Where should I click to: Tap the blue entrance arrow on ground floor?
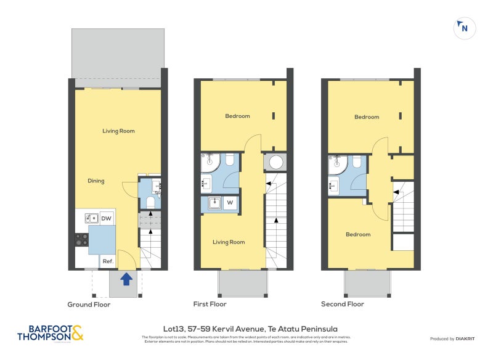126,279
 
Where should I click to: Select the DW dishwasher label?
106,218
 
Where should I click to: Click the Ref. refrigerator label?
107,261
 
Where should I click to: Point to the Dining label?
96,181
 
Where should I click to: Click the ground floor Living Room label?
118,131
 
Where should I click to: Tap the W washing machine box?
230,202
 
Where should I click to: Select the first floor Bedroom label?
237,116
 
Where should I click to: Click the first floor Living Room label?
229,242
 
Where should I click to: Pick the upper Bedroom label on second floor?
367,117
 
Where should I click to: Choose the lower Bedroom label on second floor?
358,234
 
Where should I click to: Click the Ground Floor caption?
89,305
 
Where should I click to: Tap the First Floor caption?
210,305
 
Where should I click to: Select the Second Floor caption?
342,305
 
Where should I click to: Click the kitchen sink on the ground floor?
91,218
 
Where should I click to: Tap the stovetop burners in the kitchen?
81,239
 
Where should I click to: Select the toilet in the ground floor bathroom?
150,202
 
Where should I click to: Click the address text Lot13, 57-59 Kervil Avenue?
246,329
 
